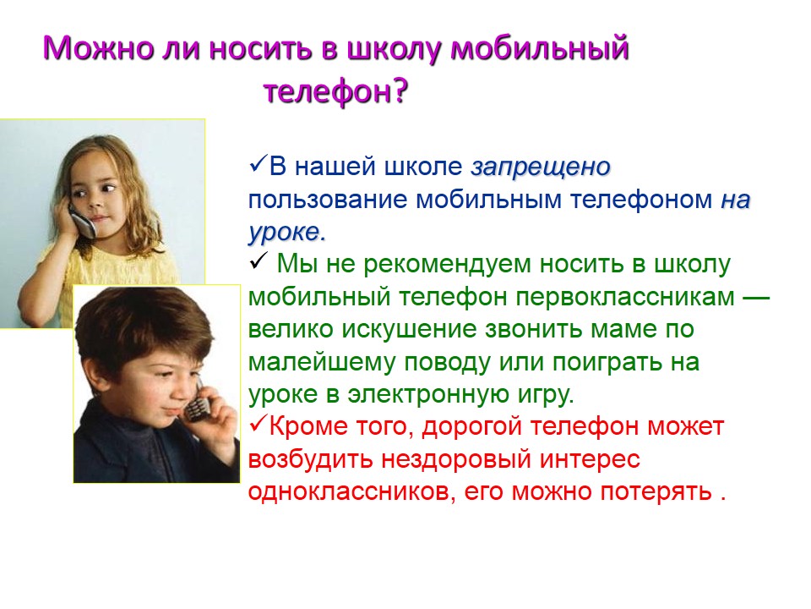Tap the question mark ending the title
pos(400,91)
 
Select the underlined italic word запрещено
pos(541,167)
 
